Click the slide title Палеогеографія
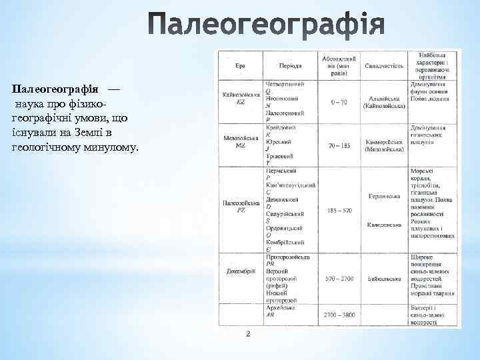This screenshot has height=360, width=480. [265, 25]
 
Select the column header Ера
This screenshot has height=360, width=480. [240, 65]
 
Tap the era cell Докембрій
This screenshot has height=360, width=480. [241, 280]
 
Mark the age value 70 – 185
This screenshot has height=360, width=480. [338, 144]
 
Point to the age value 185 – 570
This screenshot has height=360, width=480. [338, 210]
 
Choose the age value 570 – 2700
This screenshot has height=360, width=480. [338, 279]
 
